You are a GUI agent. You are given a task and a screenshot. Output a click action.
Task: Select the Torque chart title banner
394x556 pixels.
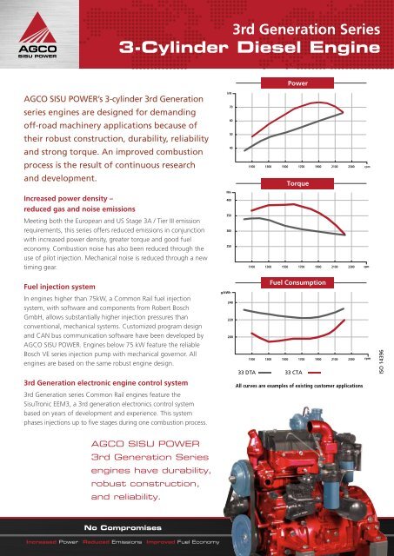298,184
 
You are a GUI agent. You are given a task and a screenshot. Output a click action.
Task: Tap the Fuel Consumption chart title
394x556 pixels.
298,283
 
